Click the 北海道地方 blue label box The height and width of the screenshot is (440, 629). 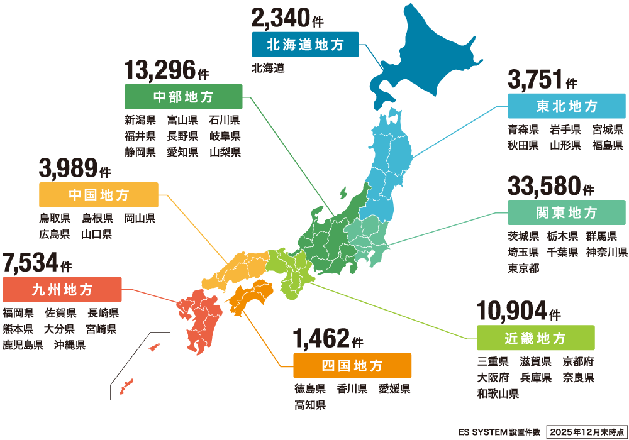click(x=305, y=45)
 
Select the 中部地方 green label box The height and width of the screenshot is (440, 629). click(x=183, y=97)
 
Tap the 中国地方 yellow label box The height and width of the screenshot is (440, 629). click(x=98, y=195)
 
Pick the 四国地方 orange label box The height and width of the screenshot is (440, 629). click(x=352, y=365)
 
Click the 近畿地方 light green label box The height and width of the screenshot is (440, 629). click(x=535, y=338)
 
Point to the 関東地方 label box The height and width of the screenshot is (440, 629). click(x=566, y=213)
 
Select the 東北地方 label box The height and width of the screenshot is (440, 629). click(x=566, y=106)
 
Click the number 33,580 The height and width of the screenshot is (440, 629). click(x=543, y=187)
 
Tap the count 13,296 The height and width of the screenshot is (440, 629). click(x=160, y=71)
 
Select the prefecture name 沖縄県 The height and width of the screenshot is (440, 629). click(x=70, y=345)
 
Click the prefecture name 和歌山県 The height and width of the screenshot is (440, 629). click(x=498, y=394)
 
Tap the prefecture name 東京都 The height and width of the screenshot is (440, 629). click(x=523, y=268)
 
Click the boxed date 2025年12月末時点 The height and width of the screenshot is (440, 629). click(x=586, y=432)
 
